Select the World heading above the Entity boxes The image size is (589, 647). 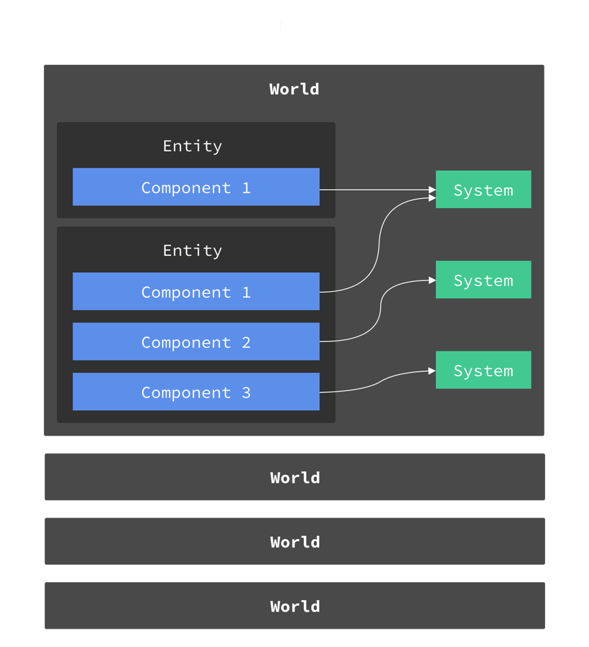pyautogui.click(x=294, y=89)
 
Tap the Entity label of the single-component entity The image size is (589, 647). pyautogui.click(x=192, y=146)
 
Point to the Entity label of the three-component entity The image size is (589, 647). pyautogui.click(x=192, y=251)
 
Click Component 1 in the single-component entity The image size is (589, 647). pyautogui.click(x=196, y=187)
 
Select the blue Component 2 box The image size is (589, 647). pyautogui.click(x=196, y=341)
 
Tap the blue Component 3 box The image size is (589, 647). pyautogui.click(x=196, y=392)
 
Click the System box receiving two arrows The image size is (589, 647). pyautogui.click(x=483, y=190)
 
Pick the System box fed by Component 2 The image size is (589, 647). pyautogui.click(x=483, y=280)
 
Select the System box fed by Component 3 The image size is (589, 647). pyautogui.click(x=483, y=370)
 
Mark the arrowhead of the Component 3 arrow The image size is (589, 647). pyautogui.click(x=432, y=371)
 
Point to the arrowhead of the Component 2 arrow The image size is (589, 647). pyautogui.click(x=432, y=280)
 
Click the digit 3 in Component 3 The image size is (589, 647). pyautogui.click(x=246, y=393)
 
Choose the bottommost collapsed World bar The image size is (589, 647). pyautogui.click(x=294, y=606)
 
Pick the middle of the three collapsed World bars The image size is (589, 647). pyautogui.click(x=294, y=542)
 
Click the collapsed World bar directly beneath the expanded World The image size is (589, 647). pyautogui.click(x=294, y=478)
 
